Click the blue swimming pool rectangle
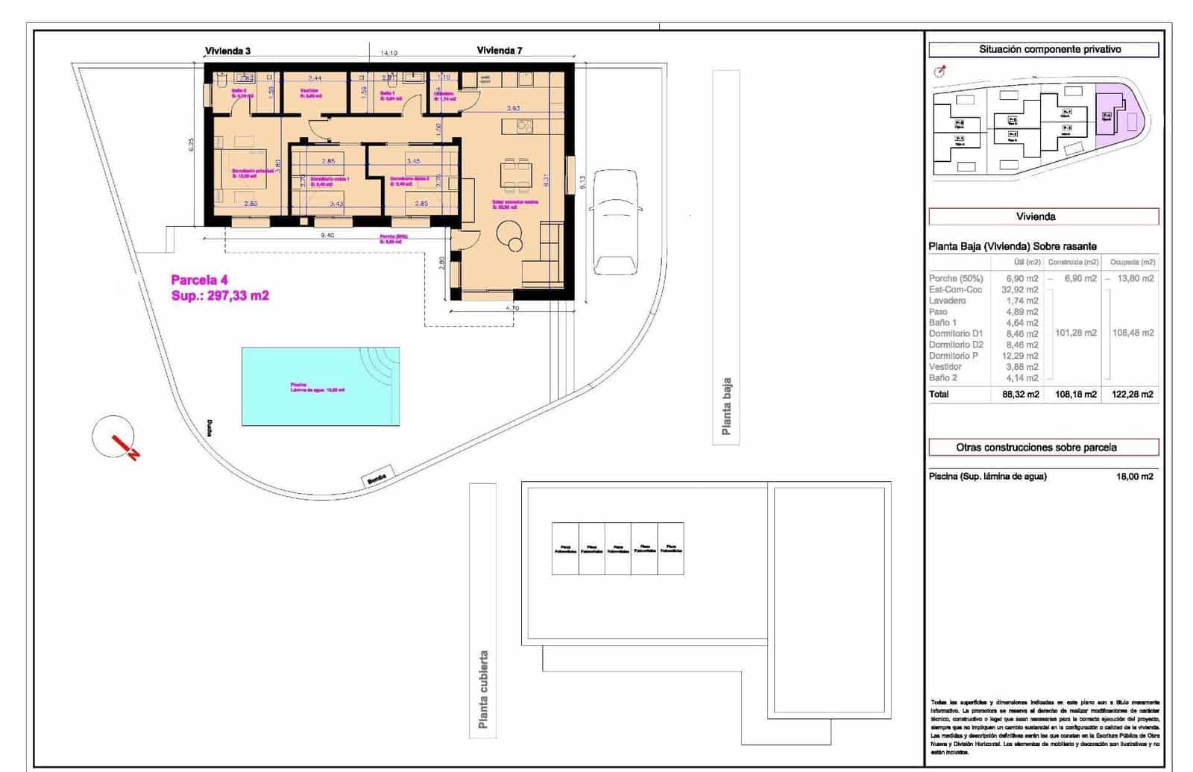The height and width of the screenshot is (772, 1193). coord(321,386)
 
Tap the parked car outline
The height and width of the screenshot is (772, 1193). coord(615,222)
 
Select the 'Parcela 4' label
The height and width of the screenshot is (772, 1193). coord(199,280)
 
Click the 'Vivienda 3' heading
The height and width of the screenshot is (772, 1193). coord(227,51)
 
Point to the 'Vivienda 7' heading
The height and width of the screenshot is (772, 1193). coord(500,51)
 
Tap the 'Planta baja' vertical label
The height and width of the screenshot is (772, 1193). coord(725,407)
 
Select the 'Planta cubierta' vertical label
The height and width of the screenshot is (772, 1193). coord(483,689)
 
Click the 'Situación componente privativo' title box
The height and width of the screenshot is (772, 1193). coord(1043,49)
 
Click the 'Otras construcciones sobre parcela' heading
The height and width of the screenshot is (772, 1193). coord(1043,448)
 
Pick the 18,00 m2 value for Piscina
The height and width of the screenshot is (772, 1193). coord(1134,477)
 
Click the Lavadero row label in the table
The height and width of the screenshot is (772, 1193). coord(947,301)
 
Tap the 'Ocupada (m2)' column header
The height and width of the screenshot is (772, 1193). coord(1132,262)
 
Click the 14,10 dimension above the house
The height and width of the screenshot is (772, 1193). coord(388,53)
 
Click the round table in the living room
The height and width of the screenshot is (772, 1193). coord(510,230)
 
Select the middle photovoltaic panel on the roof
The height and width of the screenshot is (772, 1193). coord(617,548)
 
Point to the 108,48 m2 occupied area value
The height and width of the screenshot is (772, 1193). coord(1133,333)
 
